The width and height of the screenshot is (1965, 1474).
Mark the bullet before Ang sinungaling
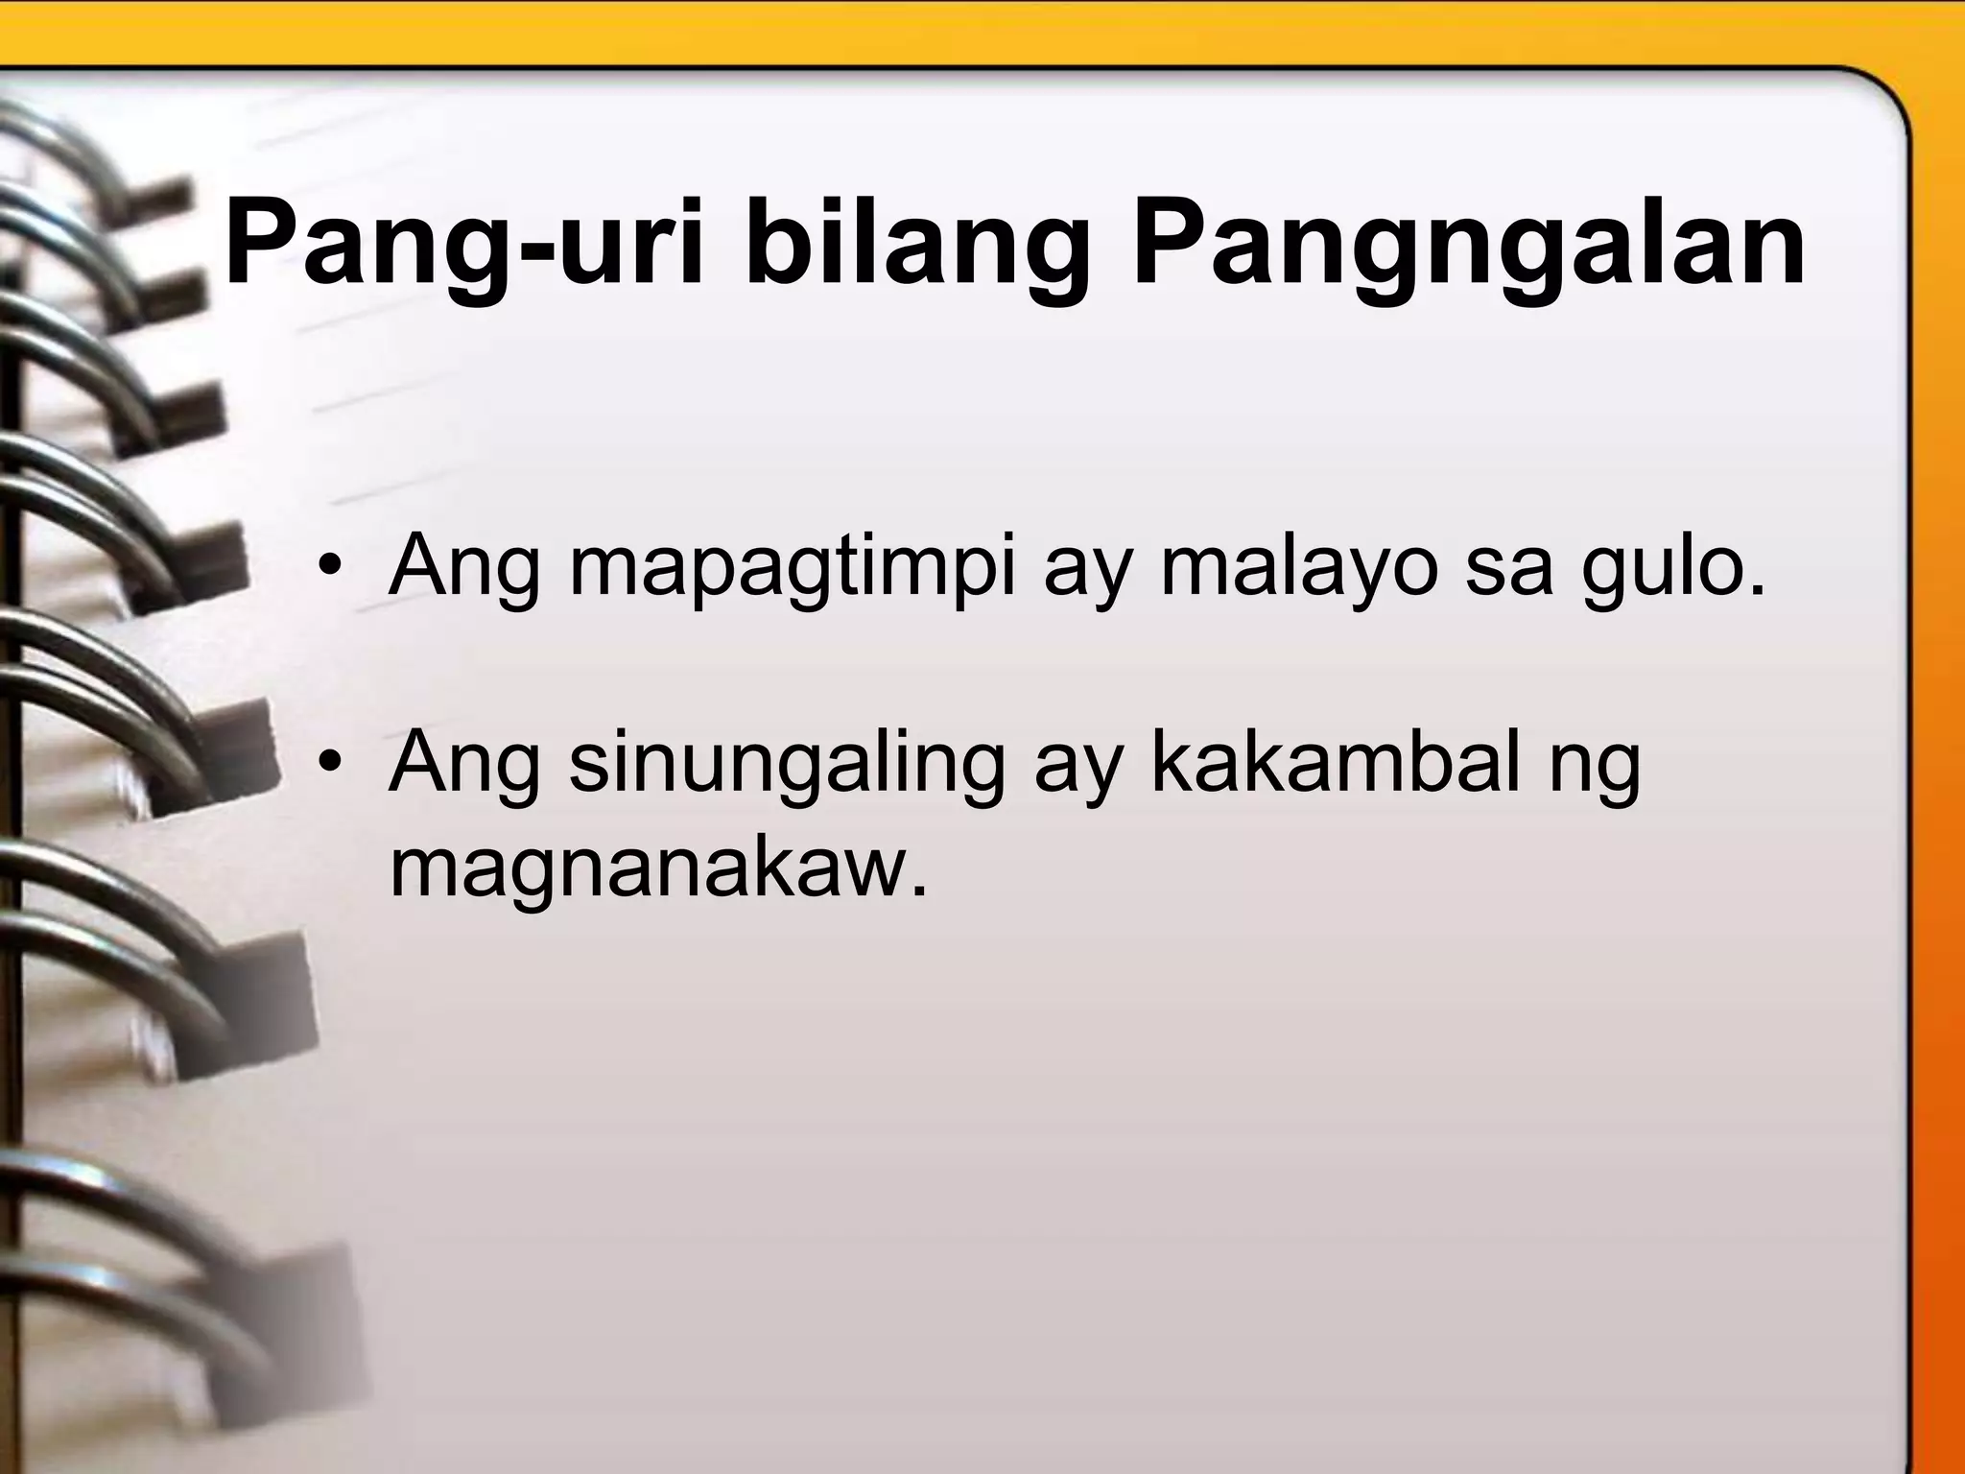tap(331, 765)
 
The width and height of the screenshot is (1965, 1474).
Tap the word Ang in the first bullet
tap(464, 568)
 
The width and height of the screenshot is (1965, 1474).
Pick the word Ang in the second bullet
tap(464, 768)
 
